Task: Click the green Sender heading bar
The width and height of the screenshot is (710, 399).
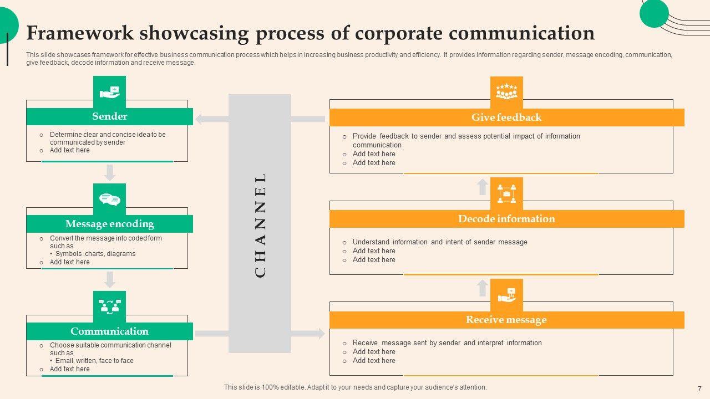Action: [x=109, y=116]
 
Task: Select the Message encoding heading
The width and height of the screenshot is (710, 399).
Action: [x=109, y=224]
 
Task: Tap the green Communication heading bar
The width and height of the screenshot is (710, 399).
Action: [x=109, y=331]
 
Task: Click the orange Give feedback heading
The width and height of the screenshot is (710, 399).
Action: [x=506, y=117]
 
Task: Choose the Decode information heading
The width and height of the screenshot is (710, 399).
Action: [x=506, y=219]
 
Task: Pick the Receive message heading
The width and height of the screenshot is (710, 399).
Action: [x=506, y=320]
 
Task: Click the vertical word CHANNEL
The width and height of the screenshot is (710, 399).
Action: [x=260, y=224]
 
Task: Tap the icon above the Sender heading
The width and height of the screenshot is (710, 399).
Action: [x=110, y=92]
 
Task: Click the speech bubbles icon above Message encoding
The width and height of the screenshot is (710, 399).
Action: [x=110, y=199]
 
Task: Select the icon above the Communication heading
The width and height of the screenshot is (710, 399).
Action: [x=110, y=306]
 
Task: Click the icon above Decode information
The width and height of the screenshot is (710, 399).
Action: [x=506, y=193]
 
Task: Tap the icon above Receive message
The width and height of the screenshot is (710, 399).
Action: [x=506, y=295]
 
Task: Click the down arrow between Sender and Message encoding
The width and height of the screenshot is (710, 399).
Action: [x=110, y=172]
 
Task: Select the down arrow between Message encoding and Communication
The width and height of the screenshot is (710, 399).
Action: [x=110, y=279]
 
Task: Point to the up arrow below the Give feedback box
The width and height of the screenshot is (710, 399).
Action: [x=483, y=186]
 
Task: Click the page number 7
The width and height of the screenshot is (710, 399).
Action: [x=699, y=389]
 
